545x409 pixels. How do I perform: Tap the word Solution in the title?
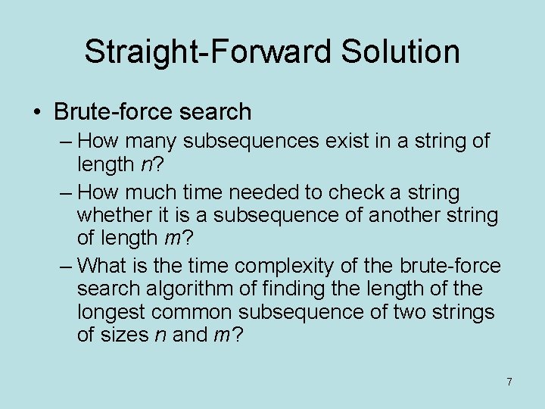400,52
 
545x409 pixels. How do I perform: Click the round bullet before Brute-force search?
38,112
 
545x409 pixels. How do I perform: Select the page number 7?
509,382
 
